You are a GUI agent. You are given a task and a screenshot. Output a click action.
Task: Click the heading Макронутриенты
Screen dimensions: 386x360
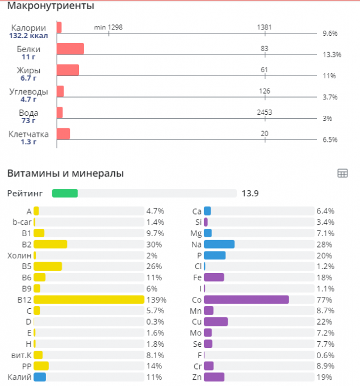(x=51, y=6)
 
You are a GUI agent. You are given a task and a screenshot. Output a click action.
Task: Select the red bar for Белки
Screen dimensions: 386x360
(x=70, y=49)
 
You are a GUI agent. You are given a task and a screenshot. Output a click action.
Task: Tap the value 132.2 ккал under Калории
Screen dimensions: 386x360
(x=28, y=35)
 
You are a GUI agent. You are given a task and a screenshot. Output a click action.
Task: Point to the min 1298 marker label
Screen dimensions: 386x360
(x=108, y=27)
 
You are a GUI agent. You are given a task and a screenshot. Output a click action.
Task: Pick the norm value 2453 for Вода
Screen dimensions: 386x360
(x=265, y=112)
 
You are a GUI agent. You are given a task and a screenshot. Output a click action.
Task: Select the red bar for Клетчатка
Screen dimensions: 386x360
(x=63, y=134)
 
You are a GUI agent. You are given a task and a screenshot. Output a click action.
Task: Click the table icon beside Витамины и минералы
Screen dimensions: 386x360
(x=342, y=174)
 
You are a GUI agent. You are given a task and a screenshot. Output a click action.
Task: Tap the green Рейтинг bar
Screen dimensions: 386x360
(x=65, y=194)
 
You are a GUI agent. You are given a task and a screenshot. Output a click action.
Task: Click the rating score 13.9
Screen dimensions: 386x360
(x=250, y=194)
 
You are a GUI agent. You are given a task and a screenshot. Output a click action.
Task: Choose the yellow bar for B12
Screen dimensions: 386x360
(x=89, y=299)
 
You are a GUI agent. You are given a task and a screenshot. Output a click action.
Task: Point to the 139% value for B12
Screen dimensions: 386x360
(x=156, y=299)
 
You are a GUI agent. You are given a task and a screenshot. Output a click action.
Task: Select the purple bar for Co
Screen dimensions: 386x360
(x=246, y=299)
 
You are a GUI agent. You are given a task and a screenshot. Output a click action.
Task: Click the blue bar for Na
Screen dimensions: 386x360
(x=219, y=244)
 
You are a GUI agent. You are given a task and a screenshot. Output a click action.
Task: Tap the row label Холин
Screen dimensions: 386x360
(x=20, y=255)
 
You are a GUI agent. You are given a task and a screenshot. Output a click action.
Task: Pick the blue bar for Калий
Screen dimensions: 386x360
(x=40, y=377)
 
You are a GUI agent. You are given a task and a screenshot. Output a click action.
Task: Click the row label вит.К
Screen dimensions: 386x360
(x=21, y=355)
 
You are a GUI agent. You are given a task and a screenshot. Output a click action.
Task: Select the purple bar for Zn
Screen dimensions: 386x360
(x=214, y=377)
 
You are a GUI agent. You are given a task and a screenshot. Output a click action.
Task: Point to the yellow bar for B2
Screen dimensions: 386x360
(x=51, y=244)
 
